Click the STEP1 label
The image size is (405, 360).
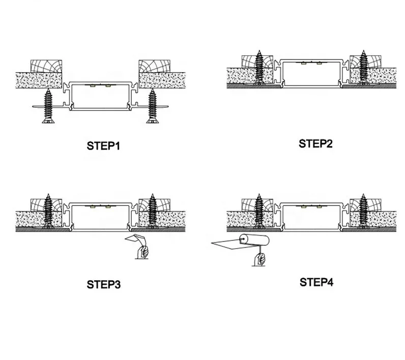pyautogui.click(x=103, y=147)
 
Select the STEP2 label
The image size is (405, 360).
pyautogui.click(x=315, y=143)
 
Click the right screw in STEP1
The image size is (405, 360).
pyautogui.click(x=152, y=106)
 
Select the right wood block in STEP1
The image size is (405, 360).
pyautogui.click(x=155, y=66)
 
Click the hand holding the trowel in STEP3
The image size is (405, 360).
pyautogui.click(x=143, y=252)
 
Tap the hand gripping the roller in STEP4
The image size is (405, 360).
pyautogui.click(x=260, y=258)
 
